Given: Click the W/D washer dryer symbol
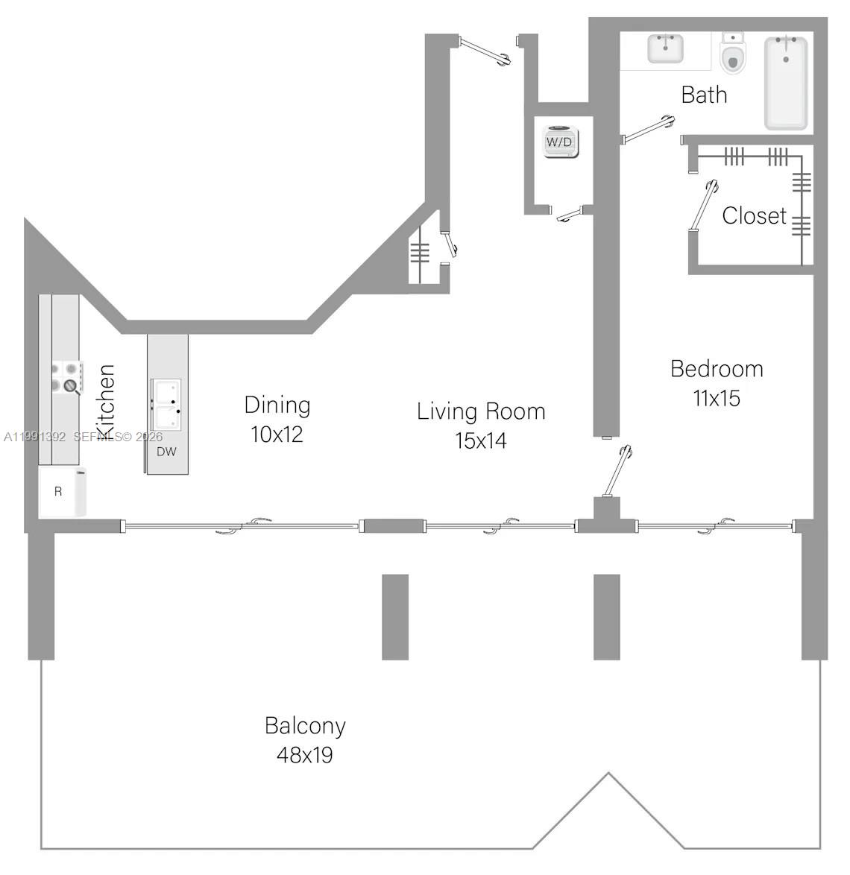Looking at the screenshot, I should click(561, 142).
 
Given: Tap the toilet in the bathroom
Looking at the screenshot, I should click(734, 54).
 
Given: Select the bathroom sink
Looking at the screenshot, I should click(665, 49).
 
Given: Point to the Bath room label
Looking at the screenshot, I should click(704, 95).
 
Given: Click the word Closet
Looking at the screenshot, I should click(754, 216).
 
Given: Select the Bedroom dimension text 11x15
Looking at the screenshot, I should click(717, 398).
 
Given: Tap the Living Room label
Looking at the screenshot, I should click(481, 411).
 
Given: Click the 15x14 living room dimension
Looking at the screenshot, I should click(481, 440).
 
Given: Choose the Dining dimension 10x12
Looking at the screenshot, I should click(277, 435).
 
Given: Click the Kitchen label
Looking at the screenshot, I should click(106, 401).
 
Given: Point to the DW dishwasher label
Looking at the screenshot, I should click(166, 452).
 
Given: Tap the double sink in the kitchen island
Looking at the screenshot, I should click(166, 404).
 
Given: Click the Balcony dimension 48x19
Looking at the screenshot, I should click(304, 755).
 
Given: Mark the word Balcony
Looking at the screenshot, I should click(305, 725).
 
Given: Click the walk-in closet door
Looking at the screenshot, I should click(704, 206).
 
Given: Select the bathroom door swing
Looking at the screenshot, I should click(647, 127).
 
